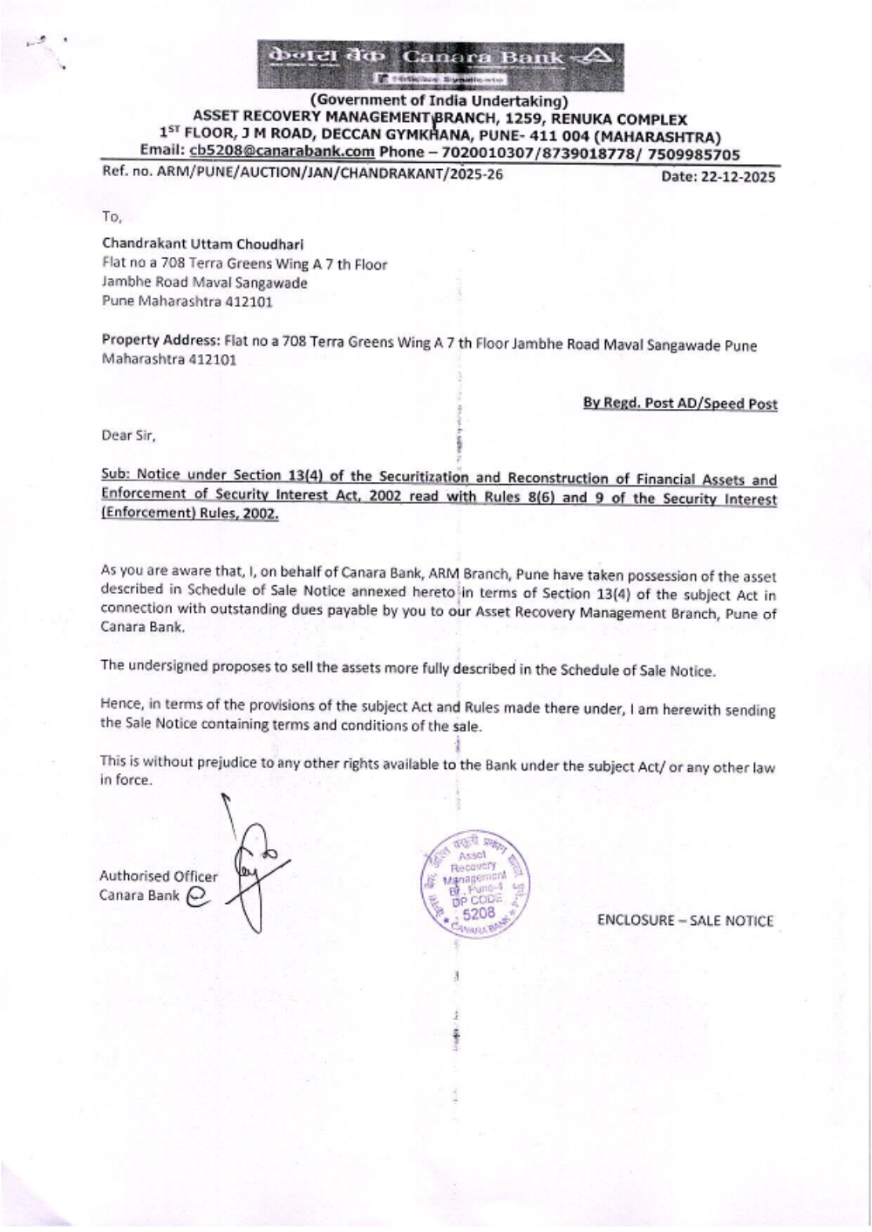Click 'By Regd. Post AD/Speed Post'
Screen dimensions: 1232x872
point(680,404)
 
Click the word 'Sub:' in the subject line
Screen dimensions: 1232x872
point(115,476)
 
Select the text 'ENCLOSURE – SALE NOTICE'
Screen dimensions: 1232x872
point(685,921)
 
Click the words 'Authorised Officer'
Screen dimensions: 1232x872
point(159,876)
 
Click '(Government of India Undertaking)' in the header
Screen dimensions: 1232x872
point(439,101)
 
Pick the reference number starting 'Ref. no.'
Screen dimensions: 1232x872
point(302,174)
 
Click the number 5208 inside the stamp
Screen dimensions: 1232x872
point(478,913)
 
